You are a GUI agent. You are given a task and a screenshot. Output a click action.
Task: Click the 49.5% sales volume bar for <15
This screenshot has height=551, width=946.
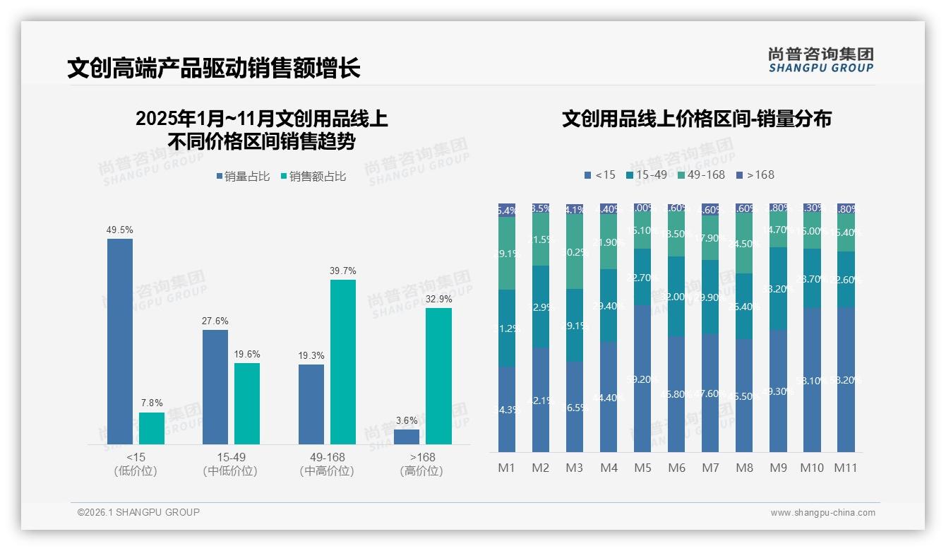[x=120, y=341]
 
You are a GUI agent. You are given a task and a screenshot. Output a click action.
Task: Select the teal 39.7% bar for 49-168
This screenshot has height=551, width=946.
[x=343, y=362]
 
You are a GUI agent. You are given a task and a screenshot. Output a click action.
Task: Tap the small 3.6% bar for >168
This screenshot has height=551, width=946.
[x=407, y=437]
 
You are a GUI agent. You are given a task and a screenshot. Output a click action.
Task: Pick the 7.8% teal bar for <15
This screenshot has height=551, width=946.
[x=152, y=428]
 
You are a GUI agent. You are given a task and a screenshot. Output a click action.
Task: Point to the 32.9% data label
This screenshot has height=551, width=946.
[x=438, y=300]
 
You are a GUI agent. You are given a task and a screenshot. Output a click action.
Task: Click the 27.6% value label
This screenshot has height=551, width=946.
[x=215, y=321]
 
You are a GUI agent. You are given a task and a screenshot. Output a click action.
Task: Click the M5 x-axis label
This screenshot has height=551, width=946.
[x=642, y=468]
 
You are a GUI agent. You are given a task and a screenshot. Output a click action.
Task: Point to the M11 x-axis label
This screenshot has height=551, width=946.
[x=846, y=468]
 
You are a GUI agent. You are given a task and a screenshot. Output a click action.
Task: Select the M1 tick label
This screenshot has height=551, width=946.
[x=507, y=468]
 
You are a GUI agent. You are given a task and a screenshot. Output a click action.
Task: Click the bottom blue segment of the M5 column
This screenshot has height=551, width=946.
[x=642, y=379]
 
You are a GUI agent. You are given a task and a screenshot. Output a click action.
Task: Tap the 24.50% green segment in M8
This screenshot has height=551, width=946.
[x=744, y=244]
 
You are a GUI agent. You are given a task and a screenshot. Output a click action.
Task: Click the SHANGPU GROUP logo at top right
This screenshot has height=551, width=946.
[x=820, y=60]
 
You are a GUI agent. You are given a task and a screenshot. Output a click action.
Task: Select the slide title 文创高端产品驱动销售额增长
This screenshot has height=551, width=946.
[x=214, y=68]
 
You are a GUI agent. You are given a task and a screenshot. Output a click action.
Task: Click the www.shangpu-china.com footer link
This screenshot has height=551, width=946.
[x=822, y=513]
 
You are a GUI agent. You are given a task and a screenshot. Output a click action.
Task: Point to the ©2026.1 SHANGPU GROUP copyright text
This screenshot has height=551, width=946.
[x=138, y=512]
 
